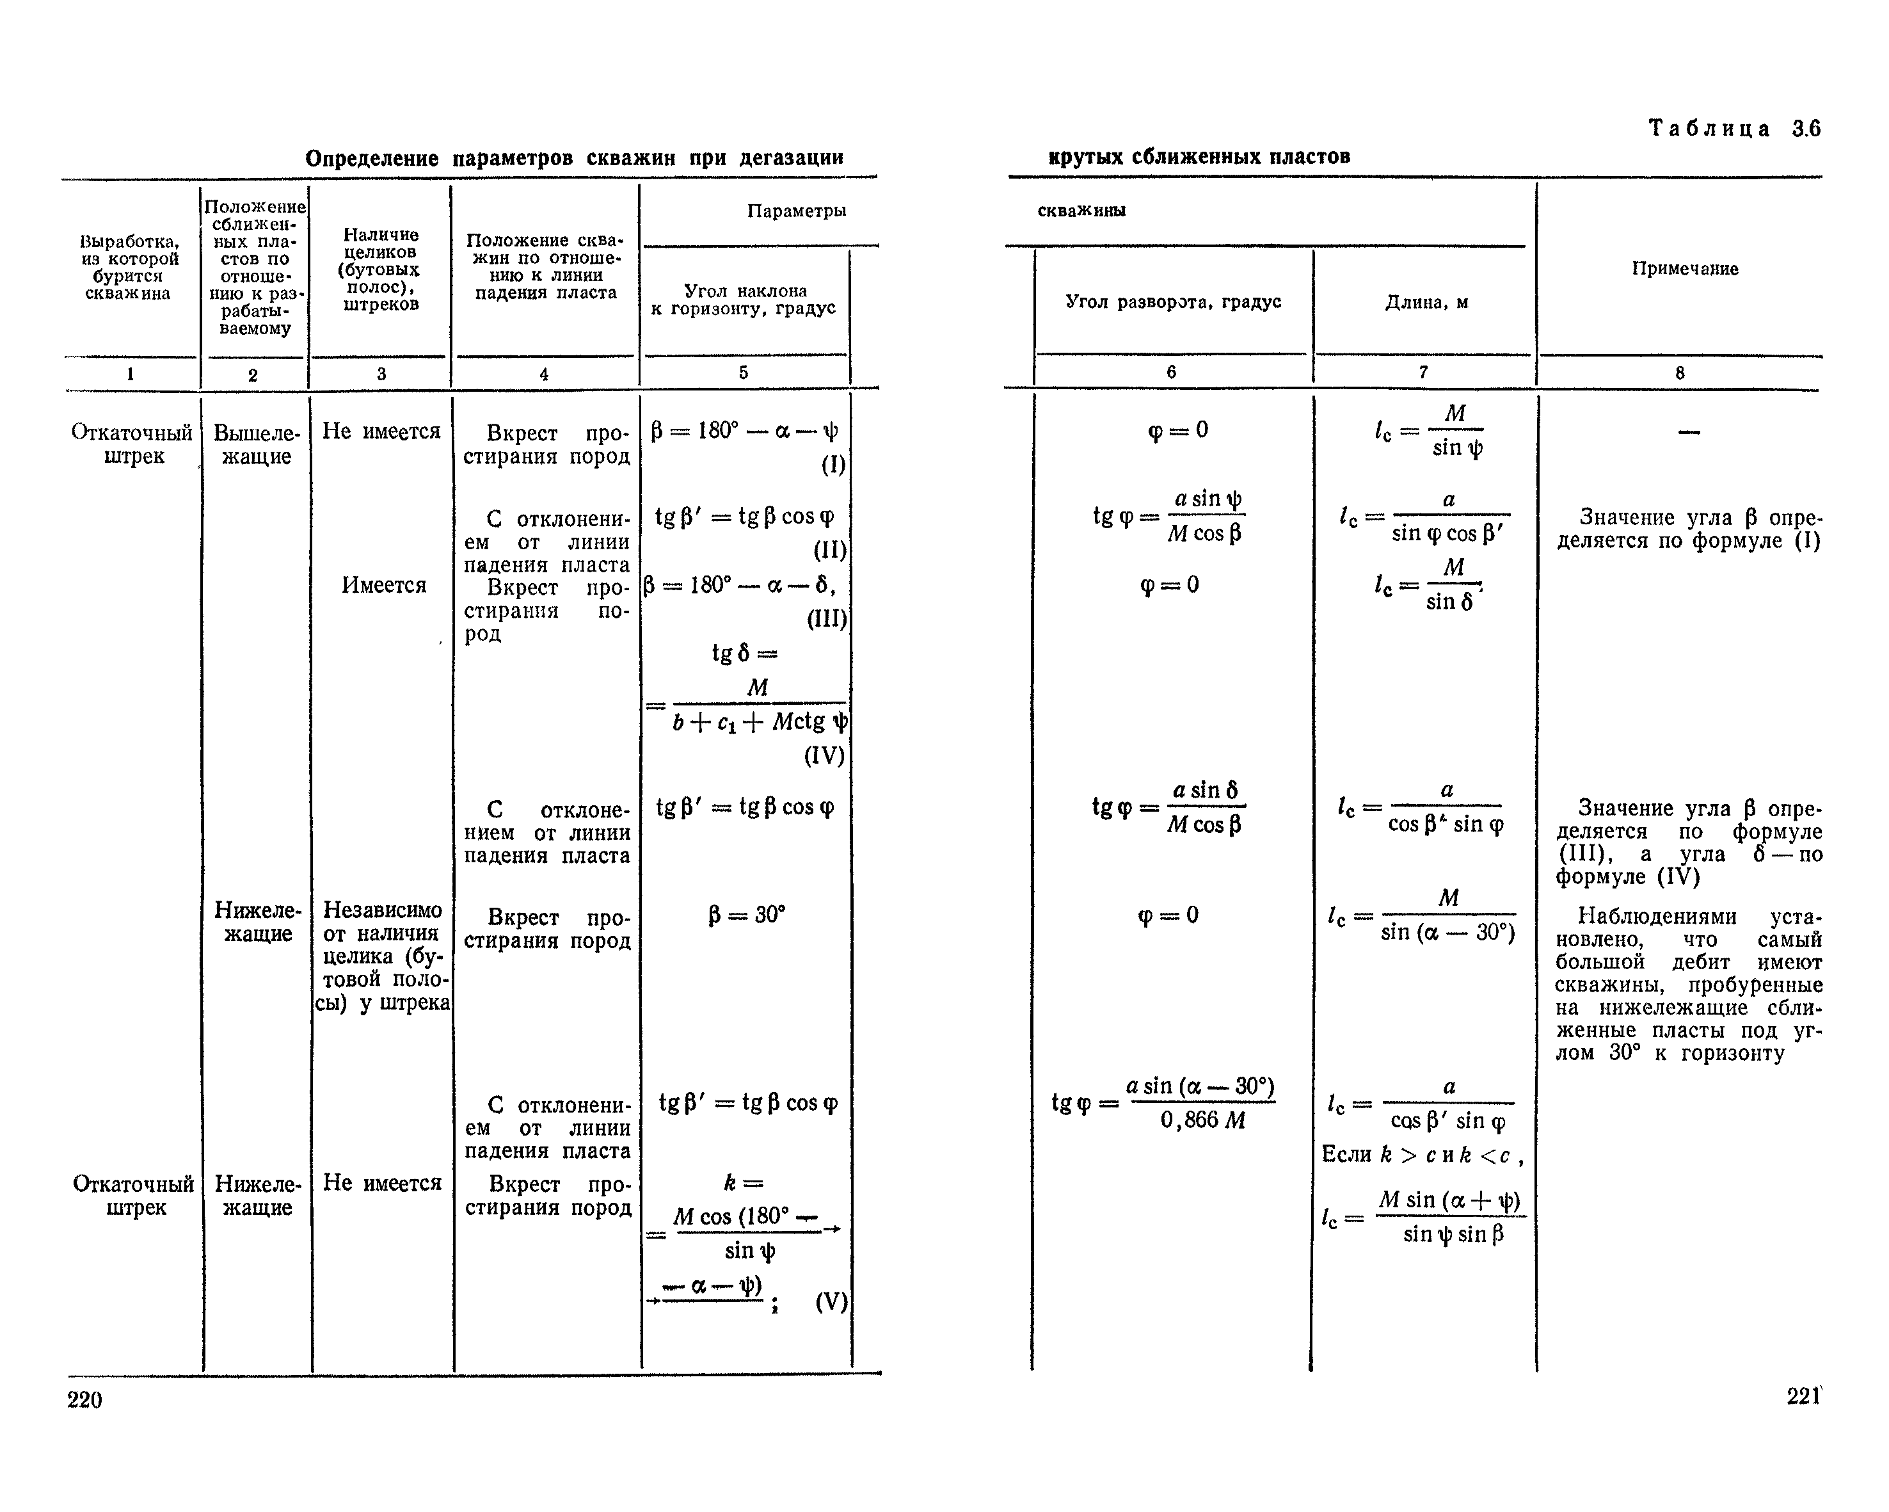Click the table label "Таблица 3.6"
1734,129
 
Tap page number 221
1803,1396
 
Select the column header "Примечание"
1684,269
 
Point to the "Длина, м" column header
1426,302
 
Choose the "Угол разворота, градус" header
1173,302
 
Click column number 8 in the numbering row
1680,373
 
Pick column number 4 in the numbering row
543,374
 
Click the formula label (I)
833,465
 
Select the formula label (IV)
824,755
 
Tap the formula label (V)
831,1301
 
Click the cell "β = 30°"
747,915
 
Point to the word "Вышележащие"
257,444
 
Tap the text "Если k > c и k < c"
1421,1155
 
